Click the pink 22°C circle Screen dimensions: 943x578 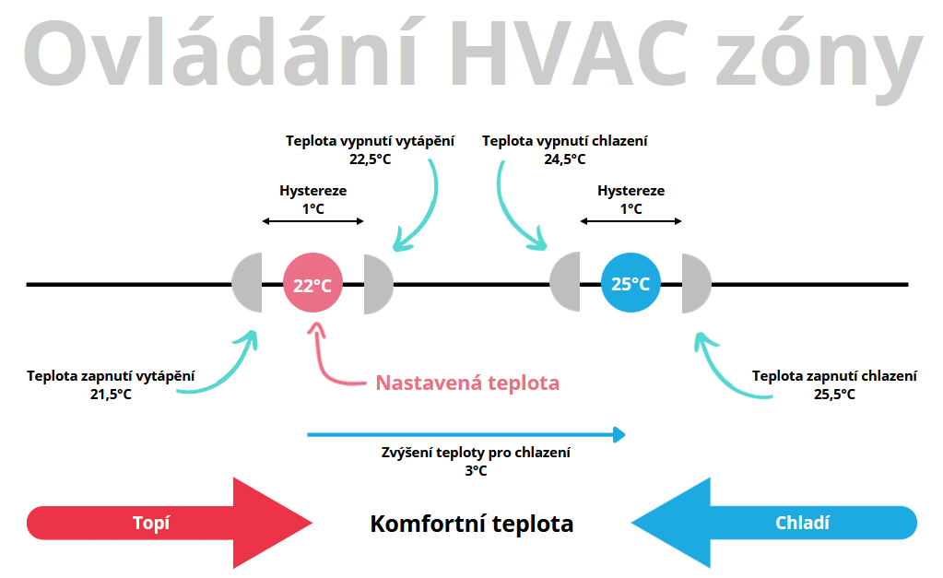pos(313,284)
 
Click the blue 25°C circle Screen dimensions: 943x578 pos(631,284)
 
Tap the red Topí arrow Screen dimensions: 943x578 pos(171,523)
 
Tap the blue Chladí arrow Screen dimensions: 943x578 pos(774,523)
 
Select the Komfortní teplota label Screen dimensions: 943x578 pos(471,525)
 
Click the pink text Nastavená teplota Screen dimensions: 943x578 pos(467,383)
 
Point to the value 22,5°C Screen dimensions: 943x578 pos(371,159)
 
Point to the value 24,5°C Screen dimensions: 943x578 pos(564,159)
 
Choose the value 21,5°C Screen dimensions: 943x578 pos(111,394)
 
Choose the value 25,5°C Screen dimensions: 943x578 pos(834,394)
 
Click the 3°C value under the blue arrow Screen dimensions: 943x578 pos(476,470)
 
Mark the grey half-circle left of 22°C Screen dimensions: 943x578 pos(249,284)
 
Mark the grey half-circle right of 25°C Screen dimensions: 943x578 pos(695,284)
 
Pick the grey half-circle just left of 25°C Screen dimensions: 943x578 pos(566,284)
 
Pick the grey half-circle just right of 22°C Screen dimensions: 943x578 pos(377,284)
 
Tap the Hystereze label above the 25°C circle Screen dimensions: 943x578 pos(631,191)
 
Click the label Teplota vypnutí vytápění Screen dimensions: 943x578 pos(370,141)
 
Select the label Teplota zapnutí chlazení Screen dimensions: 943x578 pos(834,376)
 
